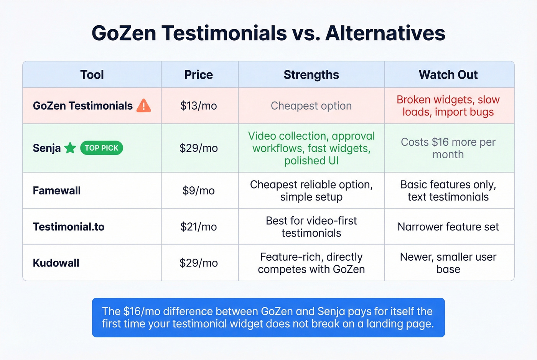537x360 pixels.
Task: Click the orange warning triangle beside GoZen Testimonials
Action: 143,106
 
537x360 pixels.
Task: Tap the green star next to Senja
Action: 70,148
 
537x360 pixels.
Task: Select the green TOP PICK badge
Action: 102,148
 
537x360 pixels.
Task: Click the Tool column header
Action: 92,75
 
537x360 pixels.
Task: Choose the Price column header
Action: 198,75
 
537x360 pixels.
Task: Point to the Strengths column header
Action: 311,75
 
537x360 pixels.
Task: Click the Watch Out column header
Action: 448,75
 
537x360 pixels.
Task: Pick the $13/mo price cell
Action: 198,106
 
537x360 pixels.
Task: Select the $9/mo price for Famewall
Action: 198,191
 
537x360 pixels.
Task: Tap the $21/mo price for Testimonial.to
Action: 198,227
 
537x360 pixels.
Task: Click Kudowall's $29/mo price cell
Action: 198,263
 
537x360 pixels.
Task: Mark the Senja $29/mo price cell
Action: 198,148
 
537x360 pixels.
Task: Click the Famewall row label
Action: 57,191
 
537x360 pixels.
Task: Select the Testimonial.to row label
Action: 69,227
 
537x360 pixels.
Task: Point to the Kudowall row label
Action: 56,263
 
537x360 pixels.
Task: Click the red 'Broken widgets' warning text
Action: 448,106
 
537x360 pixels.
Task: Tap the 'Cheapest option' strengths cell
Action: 311,106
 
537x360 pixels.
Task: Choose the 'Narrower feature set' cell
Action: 448,227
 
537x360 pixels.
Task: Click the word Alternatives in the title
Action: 385,33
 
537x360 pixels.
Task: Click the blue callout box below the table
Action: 268,317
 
